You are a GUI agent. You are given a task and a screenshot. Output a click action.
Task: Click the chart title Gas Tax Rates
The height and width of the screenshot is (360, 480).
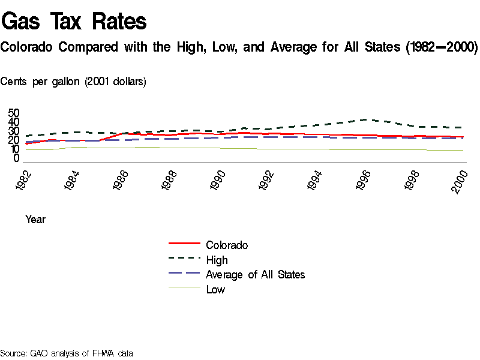[x=74, y=22]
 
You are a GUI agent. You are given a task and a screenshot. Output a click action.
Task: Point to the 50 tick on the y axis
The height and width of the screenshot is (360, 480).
[x=14, y=113]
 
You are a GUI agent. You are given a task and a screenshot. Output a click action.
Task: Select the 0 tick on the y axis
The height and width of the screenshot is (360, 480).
[x=17, y=158]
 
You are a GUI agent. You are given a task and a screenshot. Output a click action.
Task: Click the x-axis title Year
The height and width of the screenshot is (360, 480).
[x=35, y=220]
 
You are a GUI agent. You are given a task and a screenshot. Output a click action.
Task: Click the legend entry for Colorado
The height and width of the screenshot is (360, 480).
[x=227, y=245]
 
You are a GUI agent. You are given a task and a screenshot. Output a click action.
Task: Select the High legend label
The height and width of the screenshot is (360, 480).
[x=217, y=260]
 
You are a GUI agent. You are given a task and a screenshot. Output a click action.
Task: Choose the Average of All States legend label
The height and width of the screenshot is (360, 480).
[x=255, y=275]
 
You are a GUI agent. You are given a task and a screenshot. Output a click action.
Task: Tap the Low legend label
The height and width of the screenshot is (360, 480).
[x=215, y=290]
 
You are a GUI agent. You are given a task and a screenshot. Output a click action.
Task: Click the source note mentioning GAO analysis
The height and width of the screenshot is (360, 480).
[x=67, y=353]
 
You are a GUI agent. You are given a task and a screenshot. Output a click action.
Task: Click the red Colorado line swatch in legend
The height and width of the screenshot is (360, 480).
[x=184, y=244]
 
